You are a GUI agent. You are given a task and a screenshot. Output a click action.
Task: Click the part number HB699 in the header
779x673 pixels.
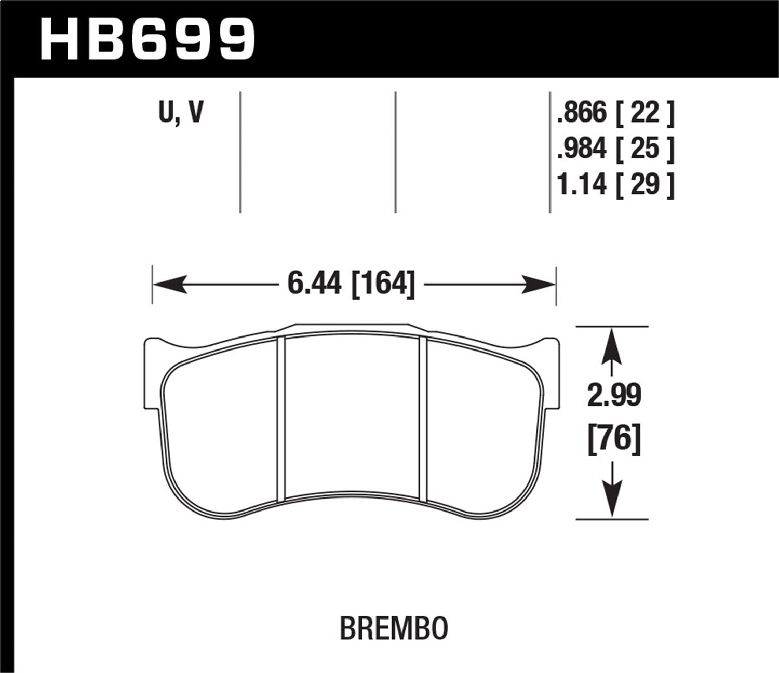pos(147,38)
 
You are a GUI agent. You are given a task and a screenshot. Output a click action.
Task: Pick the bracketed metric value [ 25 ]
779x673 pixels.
pos(644,148)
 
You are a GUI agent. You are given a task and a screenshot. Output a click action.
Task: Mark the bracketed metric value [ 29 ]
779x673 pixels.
pos(644,184)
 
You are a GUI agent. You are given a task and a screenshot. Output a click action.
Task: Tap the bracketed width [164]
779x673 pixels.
pos(383,284)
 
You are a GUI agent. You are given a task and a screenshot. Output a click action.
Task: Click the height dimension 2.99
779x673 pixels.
pos(614,396)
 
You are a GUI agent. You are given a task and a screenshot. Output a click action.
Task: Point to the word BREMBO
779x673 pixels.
pos(394,629)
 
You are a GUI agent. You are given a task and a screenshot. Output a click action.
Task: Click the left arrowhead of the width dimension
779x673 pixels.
pos(169,284)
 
